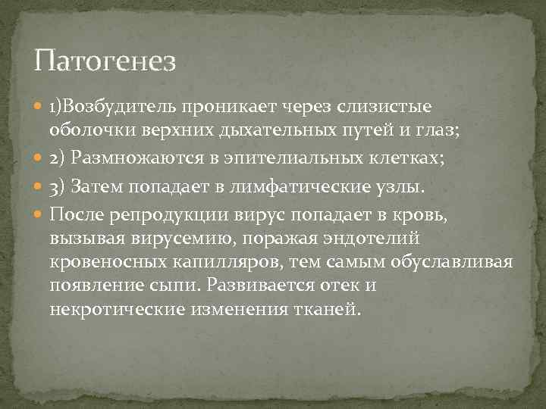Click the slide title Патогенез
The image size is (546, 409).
[x=105, y=59]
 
